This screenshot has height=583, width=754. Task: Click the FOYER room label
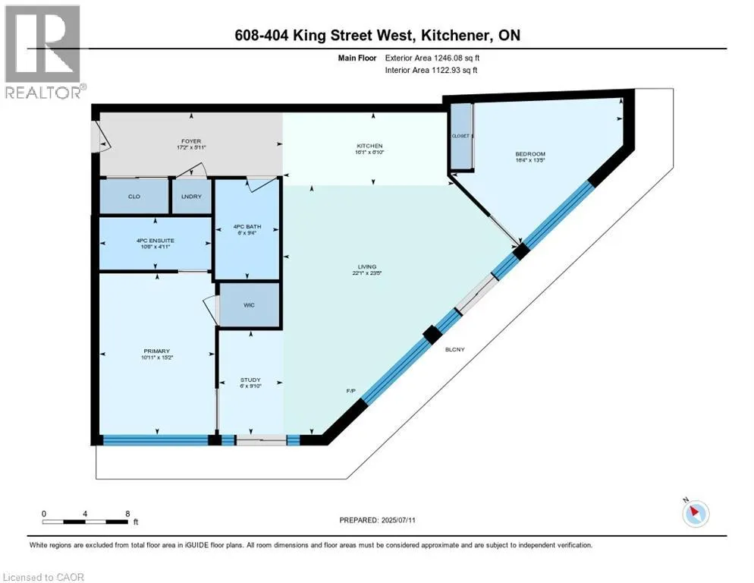[x=190, y=141]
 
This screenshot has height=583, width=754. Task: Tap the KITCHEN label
[x=370, y=146]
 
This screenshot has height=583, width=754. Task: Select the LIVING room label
[x=367, y=266]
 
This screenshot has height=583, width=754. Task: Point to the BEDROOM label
[x=529, y=154]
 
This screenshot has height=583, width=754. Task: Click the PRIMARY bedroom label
[x=156, y=351]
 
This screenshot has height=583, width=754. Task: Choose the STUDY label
[x=250, y=380]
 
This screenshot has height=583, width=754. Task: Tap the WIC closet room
[x=249, y=306]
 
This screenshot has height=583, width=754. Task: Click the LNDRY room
[x=190, y=197]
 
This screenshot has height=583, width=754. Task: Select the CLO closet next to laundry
[x=134, y=197]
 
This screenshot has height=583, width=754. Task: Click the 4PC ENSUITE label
[x=155, y=241]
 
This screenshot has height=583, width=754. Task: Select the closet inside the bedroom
[x=460, y=137]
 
